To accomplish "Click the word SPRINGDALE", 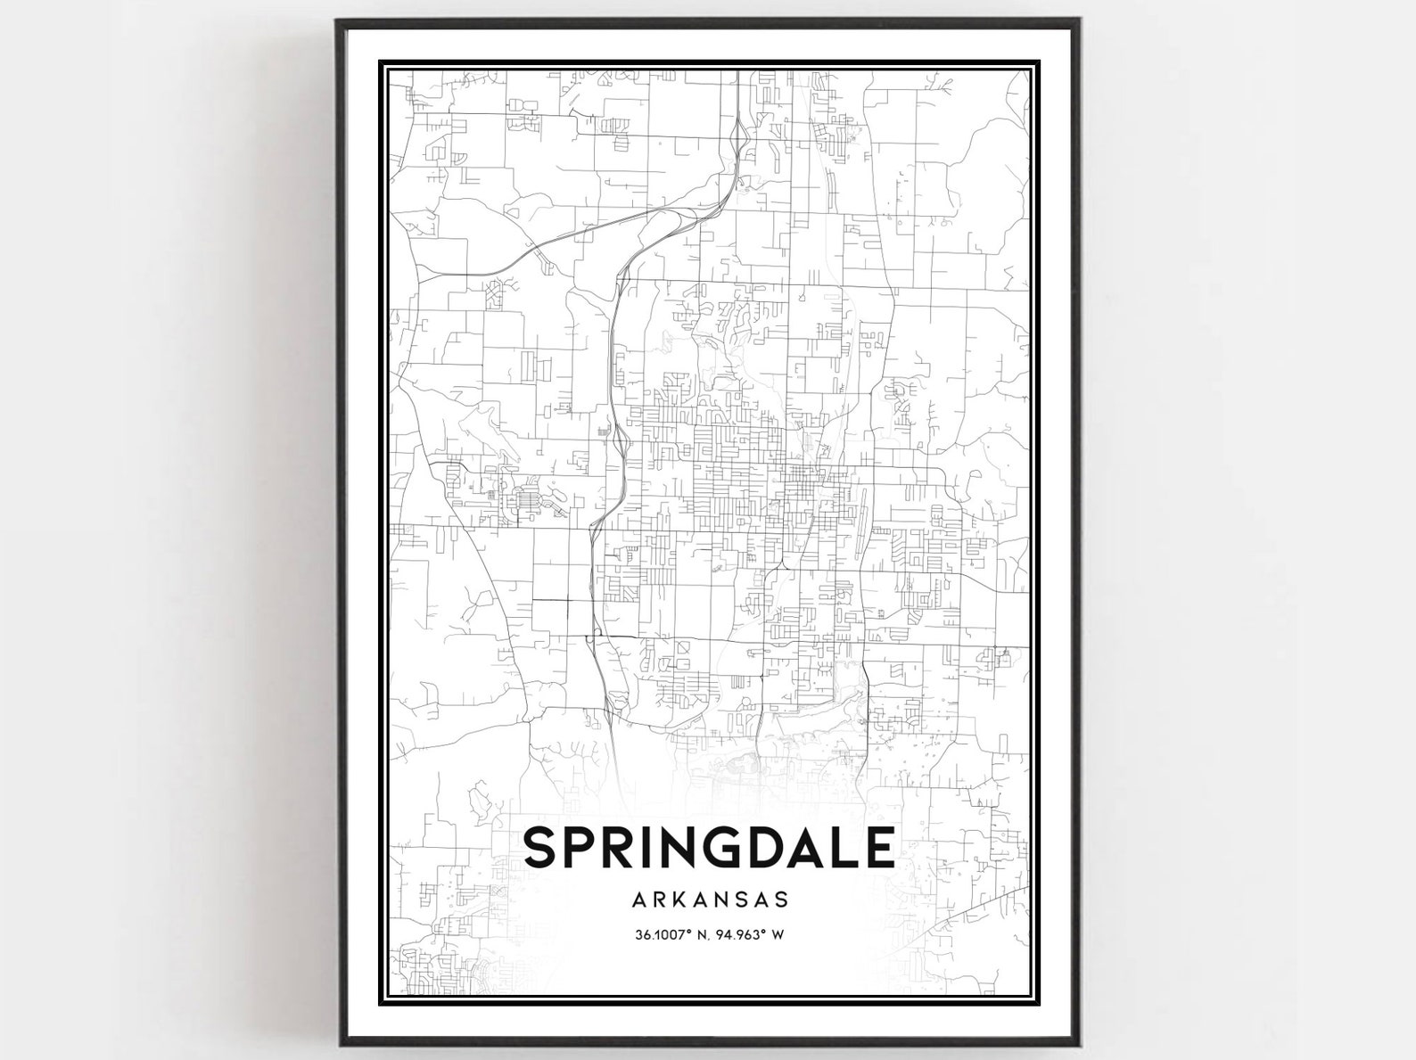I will coord(709,848).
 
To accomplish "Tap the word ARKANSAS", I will coord(711,899).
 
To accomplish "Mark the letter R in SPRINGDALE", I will coord(621,848).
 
